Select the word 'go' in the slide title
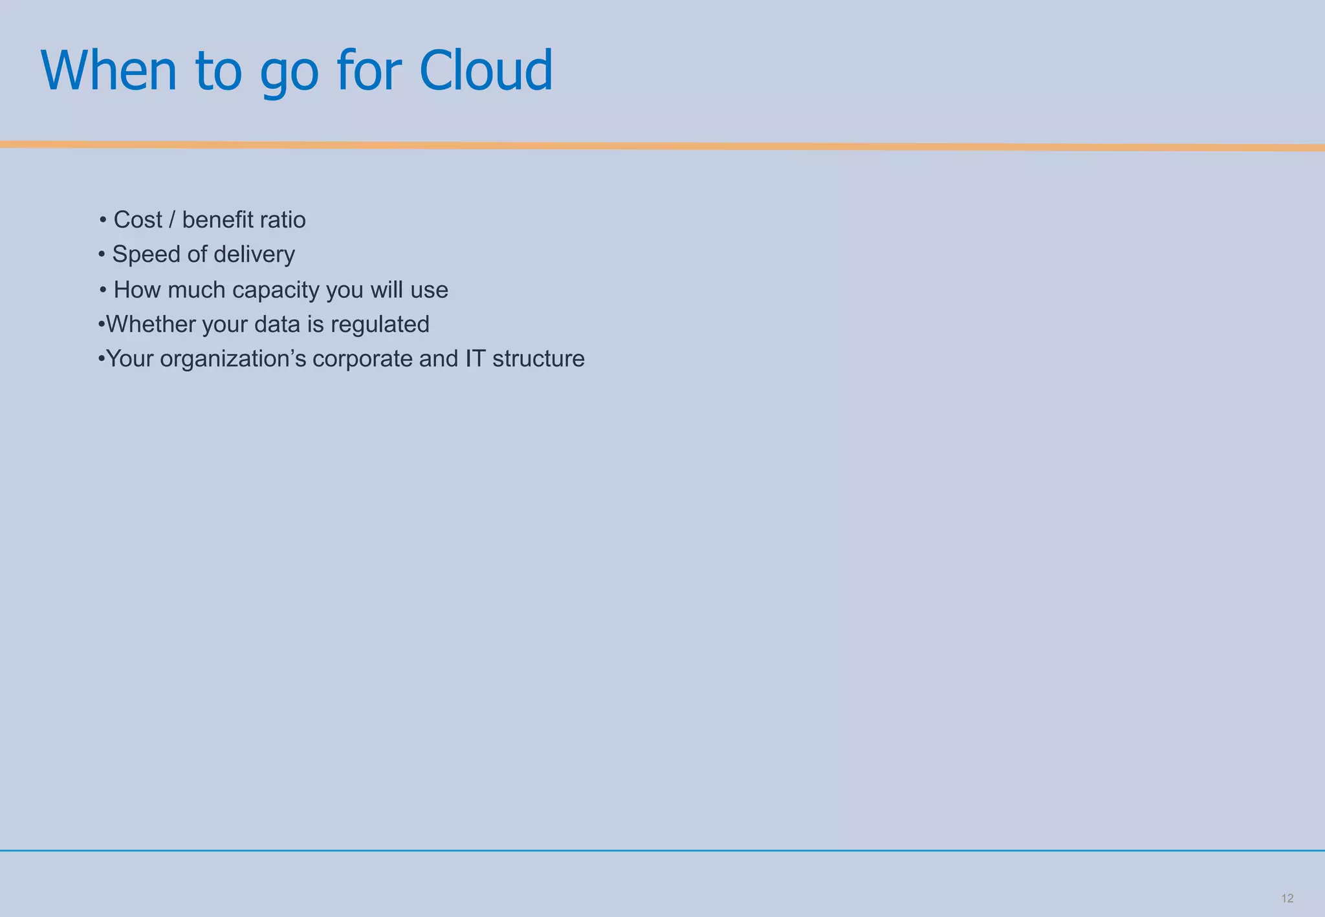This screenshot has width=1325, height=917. coord(289,74)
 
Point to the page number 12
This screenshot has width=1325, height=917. coord(1287,898)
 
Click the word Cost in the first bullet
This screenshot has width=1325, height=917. coord(138,220)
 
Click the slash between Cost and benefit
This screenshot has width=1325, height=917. coord(172,220)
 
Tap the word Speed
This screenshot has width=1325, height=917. coord(146,254)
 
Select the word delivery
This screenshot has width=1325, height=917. coord(254,255)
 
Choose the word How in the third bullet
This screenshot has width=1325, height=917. coord(137,290)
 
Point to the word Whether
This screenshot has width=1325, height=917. coord(150,324)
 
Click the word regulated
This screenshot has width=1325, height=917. coord(380,325)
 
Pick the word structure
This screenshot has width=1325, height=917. coord(538,359)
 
